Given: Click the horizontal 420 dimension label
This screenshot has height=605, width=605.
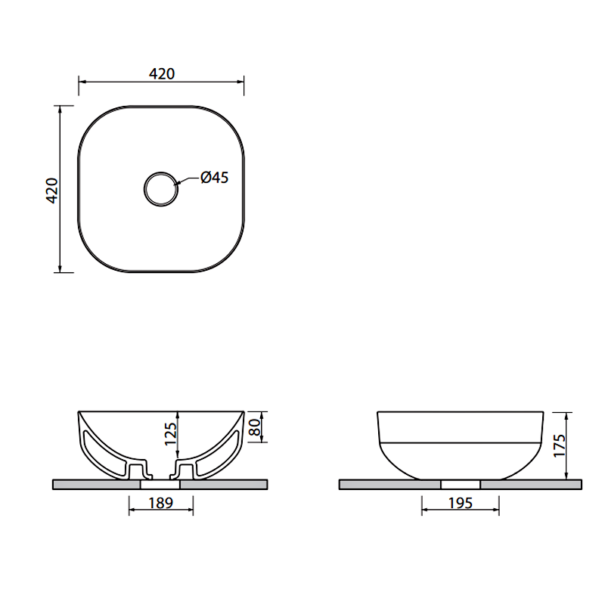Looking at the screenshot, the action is pyautogui.click(x=162, y=73).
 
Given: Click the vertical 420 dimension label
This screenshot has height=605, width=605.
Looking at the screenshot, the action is pyautogui.click(x=51, y=191).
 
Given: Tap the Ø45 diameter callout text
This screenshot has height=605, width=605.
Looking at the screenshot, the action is pyautogui.click(x=215, y=178).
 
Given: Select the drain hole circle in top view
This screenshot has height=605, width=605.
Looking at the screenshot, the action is pyautogui.click(x=161, y=172).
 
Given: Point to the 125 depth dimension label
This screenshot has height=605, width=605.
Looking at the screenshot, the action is pyautogui.click(x=170, y=434).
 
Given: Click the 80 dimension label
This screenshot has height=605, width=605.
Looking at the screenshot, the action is pyautogui.click(x=255, y=427).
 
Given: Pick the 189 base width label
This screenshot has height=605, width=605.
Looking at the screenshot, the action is pyautogui.click(x=161, y=503).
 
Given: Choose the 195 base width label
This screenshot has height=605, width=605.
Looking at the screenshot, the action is pyautogui.click(x=461, y=503).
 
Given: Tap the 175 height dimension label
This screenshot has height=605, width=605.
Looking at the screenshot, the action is pyautogui.click(x=559, y=446).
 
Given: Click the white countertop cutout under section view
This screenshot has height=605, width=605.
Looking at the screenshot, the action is pyautogui.click(x=160, y=485).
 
